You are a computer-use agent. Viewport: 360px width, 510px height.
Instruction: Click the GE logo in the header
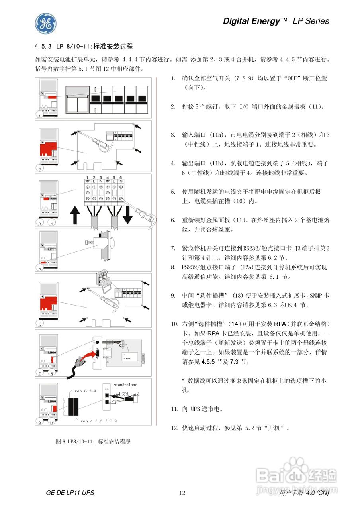click(45, 24)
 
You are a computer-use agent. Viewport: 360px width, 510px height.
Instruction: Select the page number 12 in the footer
click(182, 493)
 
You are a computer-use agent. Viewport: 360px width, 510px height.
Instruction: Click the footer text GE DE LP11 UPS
click(70, 493)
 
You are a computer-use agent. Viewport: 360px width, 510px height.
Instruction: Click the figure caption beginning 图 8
click(94, 441)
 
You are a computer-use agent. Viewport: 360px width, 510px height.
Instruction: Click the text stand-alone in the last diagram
click(125, 385)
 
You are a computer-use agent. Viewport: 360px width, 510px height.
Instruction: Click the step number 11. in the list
click(174, 409)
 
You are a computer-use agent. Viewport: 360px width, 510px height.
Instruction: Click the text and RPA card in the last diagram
click(126, 394)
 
